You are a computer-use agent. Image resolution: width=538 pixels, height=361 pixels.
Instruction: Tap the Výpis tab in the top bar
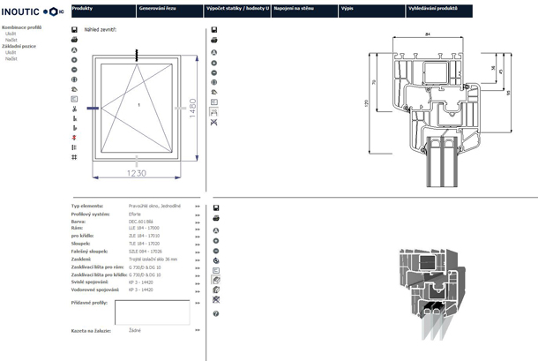click(x=347, y=7)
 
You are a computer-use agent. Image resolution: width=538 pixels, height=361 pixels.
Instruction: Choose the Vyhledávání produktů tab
click(x=432, y=7)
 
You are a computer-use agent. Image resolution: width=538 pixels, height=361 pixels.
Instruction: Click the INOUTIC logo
click(x=32, y=11)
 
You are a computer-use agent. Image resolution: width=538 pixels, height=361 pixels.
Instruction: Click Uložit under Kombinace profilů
click(x=11, y=34)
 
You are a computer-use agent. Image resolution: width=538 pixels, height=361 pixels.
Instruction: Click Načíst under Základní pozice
click(x=11, y=57)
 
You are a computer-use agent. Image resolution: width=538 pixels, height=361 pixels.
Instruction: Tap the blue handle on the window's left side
click(x=93, y=108)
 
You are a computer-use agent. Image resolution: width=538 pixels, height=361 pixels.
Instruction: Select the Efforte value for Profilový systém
click(x=135, y=214)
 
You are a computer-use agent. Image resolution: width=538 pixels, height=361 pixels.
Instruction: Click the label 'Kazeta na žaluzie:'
click(x=91, y=331)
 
